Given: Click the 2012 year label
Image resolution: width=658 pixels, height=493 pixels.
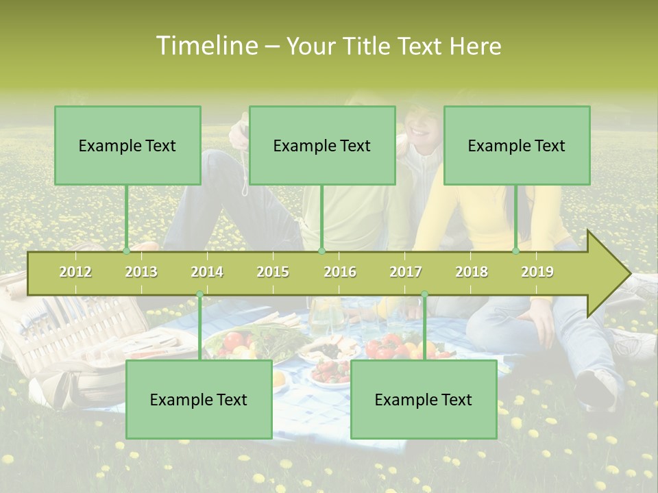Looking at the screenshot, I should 75,272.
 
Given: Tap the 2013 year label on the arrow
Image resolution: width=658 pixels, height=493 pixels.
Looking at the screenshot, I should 141,272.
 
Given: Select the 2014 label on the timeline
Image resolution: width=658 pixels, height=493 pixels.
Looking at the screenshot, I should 207,272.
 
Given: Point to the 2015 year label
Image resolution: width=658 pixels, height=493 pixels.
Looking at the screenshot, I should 273,272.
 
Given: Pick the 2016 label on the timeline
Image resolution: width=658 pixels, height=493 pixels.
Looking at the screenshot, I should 340,272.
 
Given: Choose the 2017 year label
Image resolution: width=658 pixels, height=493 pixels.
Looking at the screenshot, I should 406,272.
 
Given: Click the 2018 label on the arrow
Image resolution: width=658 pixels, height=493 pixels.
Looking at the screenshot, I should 472,272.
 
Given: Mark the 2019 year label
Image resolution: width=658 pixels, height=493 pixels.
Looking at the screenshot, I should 537,272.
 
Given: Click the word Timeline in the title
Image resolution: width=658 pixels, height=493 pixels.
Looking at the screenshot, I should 205,46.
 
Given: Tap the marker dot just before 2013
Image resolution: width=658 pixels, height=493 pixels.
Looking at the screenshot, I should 126,251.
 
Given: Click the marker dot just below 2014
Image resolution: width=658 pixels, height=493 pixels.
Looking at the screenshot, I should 199,294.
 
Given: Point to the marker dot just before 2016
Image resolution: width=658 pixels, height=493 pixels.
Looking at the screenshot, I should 321,251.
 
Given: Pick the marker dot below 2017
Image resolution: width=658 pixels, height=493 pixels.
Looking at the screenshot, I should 424,294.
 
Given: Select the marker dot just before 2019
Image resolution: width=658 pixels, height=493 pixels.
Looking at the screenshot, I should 515,251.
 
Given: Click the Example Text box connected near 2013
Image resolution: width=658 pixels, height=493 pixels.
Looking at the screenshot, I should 127,145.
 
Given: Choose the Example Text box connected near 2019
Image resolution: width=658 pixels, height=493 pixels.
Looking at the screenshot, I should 517,145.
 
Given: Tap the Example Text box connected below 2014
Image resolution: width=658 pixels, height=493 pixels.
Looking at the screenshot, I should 199,399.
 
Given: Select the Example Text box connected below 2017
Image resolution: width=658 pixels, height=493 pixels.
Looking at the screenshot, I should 424,399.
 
